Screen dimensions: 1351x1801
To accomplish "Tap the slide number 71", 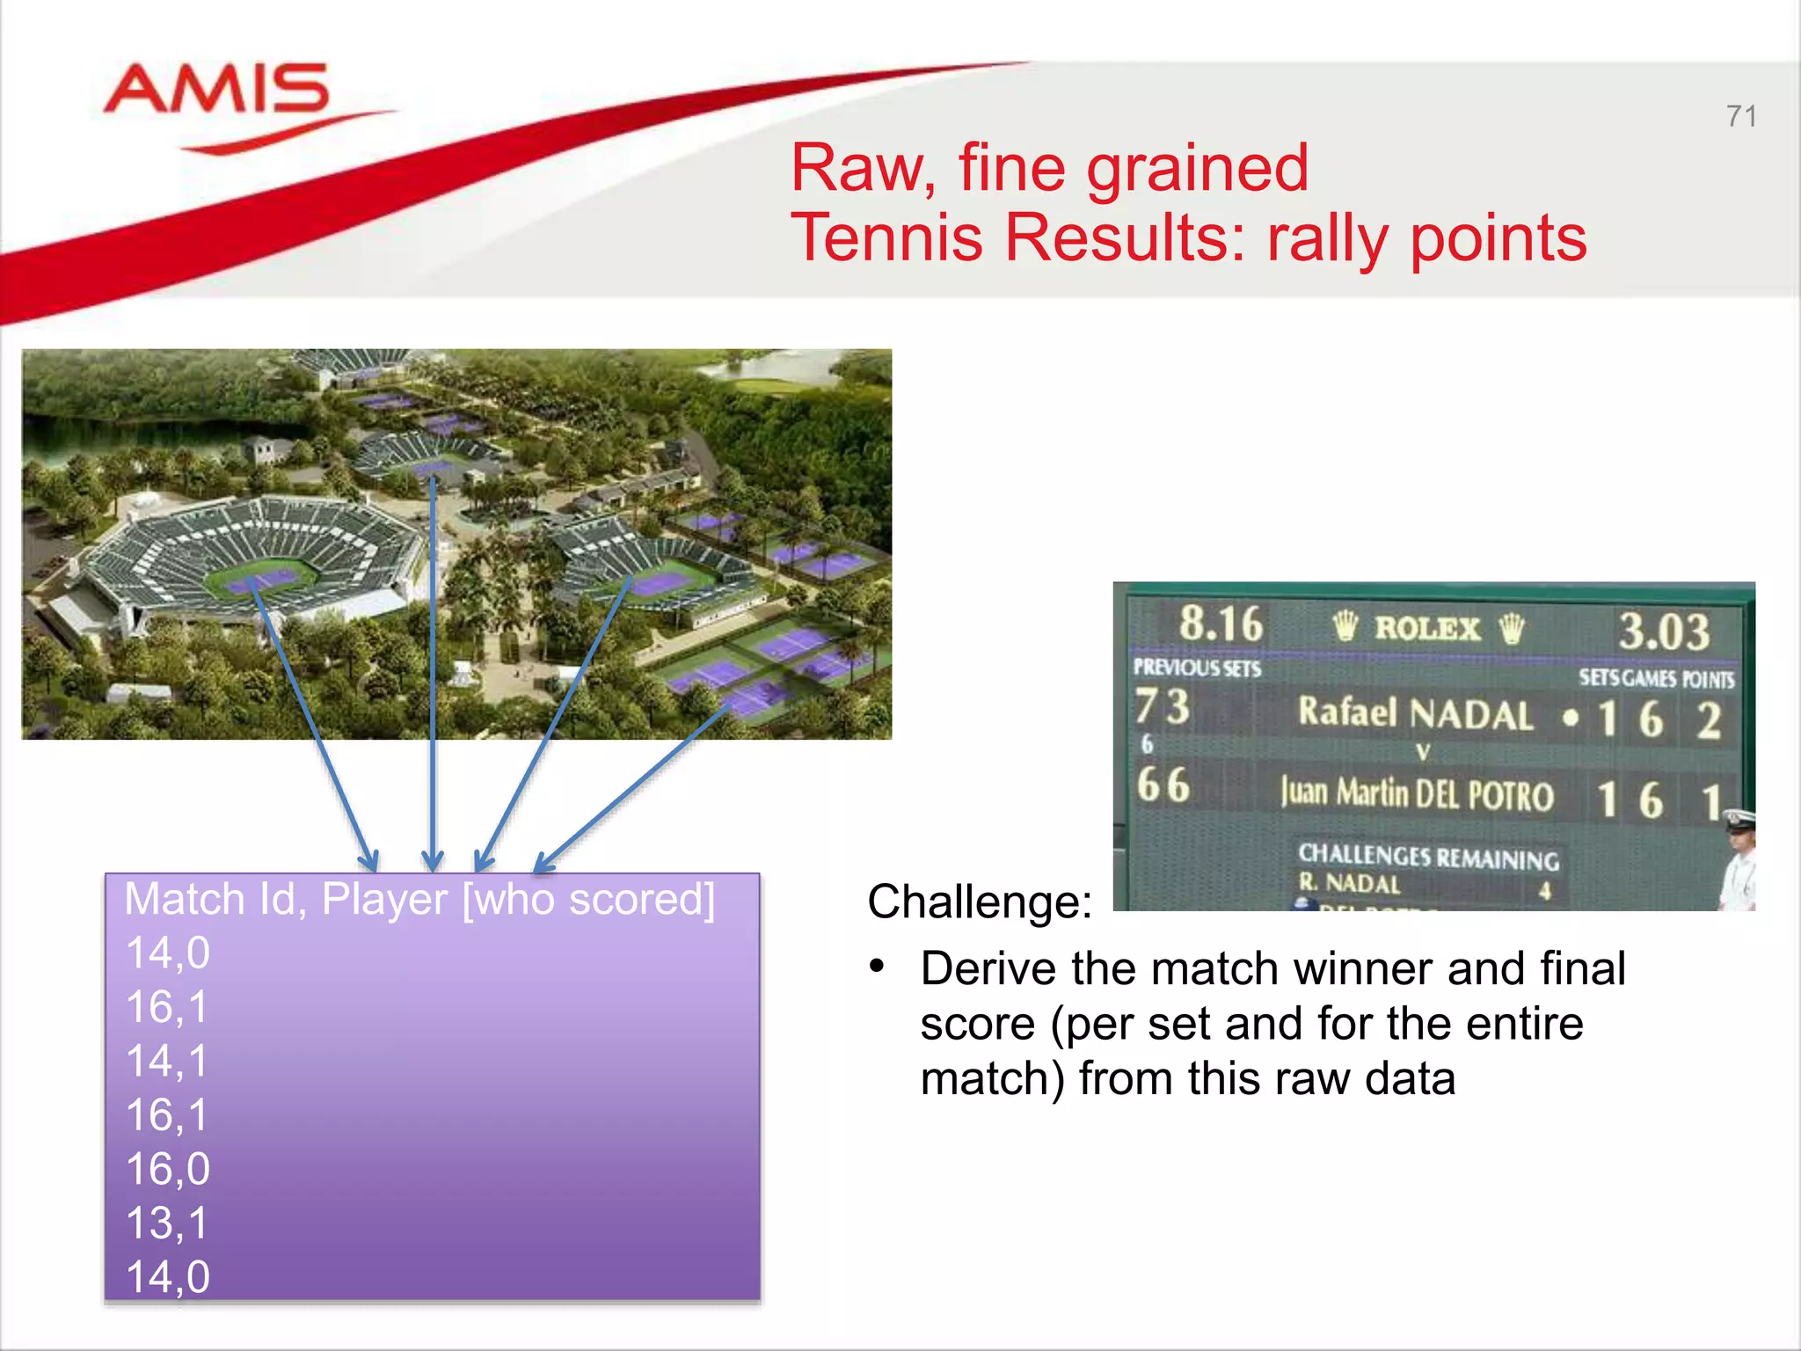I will (1740, 116).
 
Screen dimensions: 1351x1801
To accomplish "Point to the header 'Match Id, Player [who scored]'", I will (419, 900).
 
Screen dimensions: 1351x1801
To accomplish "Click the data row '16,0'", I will (168, 1169).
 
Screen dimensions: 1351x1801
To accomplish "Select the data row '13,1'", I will (167, 1223).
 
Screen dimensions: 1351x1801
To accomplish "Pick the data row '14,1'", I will (167, 1061).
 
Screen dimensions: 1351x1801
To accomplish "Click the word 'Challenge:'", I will (979, 902).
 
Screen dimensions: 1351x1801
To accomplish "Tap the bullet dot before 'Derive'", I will (876, 967).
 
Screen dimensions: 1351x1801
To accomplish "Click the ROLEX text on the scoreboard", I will (1427, 628).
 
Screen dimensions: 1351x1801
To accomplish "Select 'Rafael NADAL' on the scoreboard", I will (1415, 713).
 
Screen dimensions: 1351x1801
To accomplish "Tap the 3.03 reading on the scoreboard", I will (1664, 631).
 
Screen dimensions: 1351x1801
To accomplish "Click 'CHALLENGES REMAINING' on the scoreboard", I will (1428, 856).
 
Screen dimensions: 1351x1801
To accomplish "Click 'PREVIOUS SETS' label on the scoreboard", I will (1196, 668).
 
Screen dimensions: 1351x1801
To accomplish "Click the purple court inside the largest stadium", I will (261, 581).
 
